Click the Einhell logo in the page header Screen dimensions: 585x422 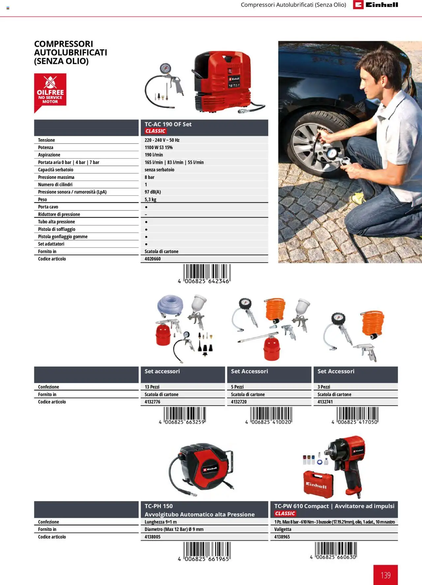376,5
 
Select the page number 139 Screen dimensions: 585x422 385,575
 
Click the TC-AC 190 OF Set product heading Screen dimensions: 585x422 168,124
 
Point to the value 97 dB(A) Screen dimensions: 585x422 153,192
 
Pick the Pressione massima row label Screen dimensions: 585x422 56,177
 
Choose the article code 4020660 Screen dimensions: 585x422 153,259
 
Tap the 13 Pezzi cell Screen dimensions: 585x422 152,387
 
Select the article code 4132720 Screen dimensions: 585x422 239,402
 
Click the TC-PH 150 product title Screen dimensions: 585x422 159,506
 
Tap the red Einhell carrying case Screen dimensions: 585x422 318,484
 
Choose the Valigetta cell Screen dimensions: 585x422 283,529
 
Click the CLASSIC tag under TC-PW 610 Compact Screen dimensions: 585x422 285,514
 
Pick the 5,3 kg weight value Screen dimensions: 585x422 150,200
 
